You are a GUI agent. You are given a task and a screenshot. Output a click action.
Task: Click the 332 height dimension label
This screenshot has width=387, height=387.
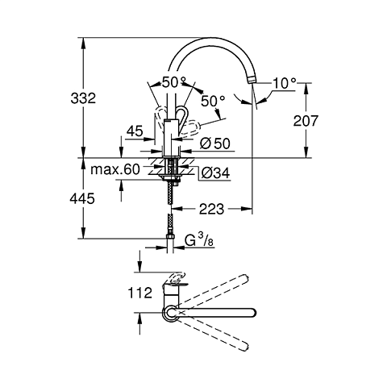pos(83,98)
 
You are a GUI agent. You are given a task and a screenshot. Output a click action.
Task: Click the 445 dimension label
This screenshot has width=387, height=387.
pos(82,198)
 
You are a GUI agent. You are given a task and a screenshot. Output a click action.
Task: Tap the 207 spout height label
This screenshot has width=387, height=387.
pos(306,121)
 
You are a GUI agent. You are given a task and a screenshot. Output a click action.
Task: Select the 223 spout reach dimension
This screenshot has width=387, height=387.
pos(211,209)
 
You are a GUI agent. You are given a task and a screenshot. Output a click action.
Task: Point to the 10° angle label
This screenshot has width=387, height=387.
pos(285,83)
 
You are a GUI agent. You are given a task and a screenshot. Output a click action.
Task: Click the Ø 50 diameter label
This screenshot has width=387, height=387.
pos(215,144)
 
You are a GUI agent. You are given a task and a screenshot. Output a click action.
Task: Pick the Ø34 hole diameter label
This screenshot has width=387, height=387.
pos(215,173)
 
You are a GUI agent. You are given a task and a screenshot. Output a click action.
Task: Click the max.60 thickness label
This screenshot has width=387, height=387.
pos(115,169)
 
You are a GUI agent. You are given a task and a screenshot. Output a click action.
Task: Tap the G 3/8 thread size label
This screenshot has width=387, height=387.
pos(199,239)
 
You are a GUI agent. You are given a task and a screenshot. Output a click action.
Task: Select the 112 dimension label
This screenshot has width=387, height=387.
pos(140,293)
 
